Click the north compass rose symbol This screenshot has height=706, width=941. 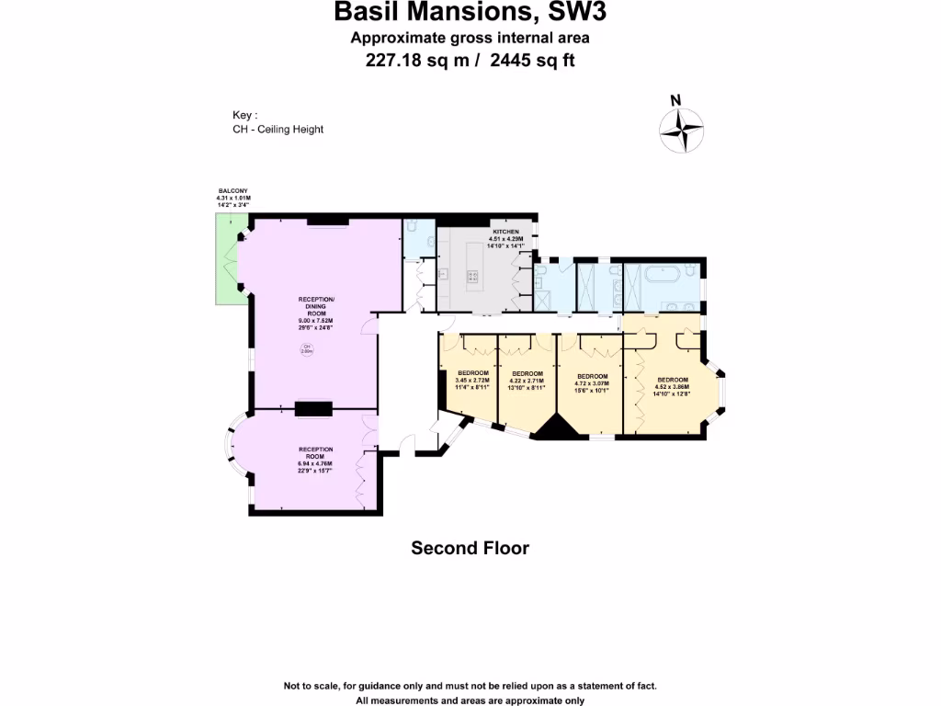[x=681, y=129]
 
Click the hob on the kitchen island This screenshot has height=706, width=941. [x=473, y=275]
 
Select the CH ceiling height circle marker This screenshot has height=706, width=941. [x=307, y=348]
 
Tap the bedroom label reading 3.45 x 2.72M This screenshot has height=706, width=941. [x=473, y=380]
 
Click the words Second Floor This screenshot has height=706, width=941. [x=470, y=548]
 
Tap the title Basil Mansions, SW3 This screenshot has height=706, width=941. [x=470, y=13]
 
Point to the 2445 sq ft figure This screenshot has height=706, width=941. [x=537, y=61]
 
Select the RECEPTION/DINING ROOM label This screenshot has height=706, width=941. [x=316, y=313]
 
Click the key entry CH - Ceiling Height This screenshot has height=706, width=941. [x=278, y=130]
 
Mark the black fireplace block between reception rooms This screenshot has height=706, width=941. [x=313, y=409]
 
